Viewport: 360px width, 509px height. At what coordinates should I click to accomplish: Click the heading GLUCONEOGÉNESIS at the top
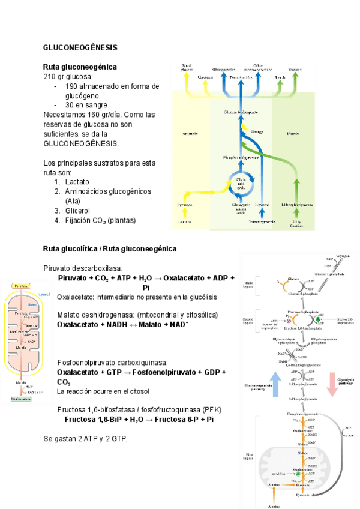click(x=80, y=47)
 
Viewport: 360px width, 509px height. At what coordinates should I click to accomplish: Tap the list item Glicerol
click(x=77, y=211)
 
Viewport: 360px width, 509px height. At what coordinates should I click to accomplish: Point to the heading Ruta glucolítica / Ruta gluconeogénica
click(x=110, y=248)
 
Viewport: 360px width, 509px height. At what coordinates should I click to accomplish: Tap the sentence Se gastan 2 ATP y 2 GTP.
click(x=85, y=439)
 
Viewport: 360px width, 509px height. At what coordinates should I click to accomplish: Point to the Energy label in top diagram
click(x=257, y=131)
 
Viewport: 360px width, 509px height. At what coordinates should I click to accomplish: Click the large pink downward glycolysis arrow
click(x=331, y=384)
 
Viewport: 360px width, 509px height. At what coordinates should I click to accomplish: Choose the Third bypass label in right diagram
click(x=247, y=284)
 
